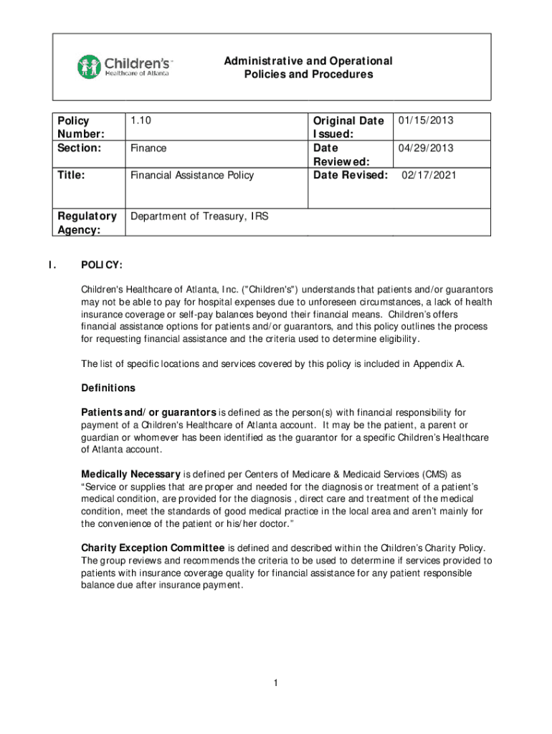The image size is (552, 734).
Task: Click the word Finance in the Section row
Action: [148, 148]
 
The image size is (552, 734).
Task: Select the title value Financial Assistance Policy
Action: [191, 175]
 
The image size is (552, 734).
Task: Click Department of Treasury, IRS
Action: [199, 215]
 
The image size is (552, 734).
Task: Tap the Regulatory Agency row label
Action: [87, 222]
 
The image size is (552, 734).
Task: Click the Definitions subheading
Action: [108, 388]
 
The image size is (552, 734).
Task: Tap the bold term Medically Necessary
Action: [131, 475]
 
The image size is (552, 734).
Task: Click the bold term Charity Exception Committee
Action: [153, 548]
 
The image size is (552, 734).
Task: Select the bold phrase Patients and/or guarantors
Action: [149, 412]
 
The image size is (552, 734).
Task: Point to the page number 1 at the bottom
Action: [275, 683]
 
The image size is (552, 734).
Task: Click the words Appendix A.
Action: [438, 363]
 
